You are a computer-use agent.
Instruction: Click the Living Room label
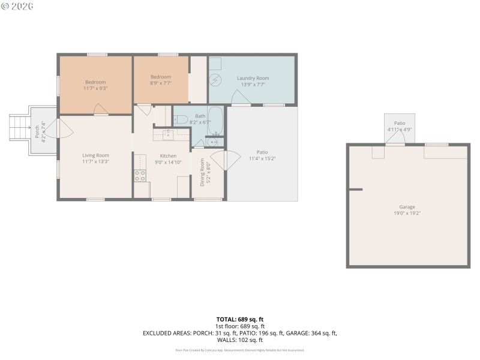pyautogui.click(x=95, y=155)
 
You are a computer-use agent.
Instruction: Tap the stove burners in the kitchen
pyautogui.click(x=140, y=175)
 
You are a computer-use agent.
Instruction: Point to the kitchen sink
pyautogui.click(x=169, y=135)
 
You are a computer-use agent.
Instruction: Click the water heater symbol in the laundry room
pyautogui.click(x=216, y=79)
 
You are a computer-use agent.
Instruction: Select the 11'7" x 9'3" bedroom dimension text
pyautogui.click(x=95, y=88)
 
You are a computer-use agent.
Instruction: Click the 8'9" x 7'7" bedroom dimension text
pyautogui.click(x=161, y=83)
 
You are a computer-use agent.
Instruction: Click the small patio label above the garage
pyautogui.click(x=400, y=123)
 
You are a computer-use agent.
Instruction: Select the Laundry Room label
pyautogui.click(x=253, y=78)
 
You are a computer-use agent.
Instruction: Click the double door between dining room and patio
pyautogui.click(x=224, y=160)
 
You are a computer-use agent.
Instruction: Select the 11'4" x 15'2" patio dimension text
pyautogui.click(x=262, y=159)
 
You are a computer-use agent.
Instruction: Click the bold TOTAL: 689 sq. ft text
pyautogui.click(x=240, y=319)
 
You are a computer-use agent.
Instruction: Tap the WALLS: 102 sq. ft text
pyautogui.click(x=240, y=339)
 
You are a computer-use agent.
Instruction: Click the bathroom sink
pyautogui.click(x=212, y=142)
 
